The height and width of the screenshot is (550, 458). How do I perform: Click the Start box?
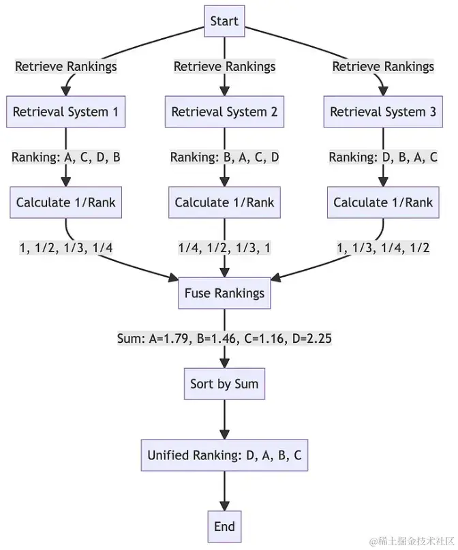(224, 21)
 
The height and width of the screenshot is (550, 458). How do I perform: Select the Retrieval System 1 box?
(65, 112)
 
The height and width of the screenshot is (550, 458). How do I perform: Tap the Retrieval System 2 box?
(224, 112)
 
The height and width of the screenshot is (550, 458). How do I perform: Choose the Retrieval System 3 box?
(383, 112)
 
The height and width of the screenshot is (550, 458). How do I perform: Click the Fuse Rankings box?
(224, 294)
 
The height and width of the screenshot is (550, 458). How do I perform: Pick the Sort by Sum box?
(224, 384)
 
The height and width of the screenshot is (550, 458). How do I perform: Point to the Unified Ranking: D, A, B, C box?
(224, 455)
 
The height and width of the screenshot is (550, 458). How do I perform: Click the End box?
(224, 526)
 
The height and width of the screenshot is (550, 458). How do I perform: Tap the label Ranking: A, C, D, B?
(65, 157)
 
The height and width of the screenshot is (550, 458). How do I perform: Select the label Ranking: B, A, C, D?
(224, 157)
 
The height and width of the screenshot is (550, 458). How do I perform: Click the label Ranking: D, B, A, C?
(383, 157)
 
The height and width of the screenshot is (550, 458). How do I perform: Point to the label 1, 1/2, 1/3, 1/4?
(65, 248)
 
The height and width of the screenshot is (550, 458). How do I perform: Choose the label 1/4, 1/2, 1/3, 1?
(224, 248)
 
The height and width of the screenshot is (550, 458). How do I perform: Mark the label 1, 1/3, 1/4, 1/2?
(383, 248)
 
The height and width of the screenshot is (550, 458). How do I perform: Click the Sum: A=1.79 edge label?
(224, 339)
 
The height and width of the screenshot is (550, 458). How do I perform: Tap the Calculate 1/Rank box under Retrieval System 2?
(224, 202)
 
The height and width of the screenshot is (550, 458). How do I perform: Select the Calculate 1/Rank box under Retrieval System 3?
(383, 202)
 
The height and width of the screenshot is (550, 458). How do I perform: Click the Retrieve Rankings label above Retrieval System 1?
(65, 67)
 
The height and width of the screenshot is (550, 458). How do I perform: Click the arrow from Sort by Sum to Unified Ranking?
(224, 419)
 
